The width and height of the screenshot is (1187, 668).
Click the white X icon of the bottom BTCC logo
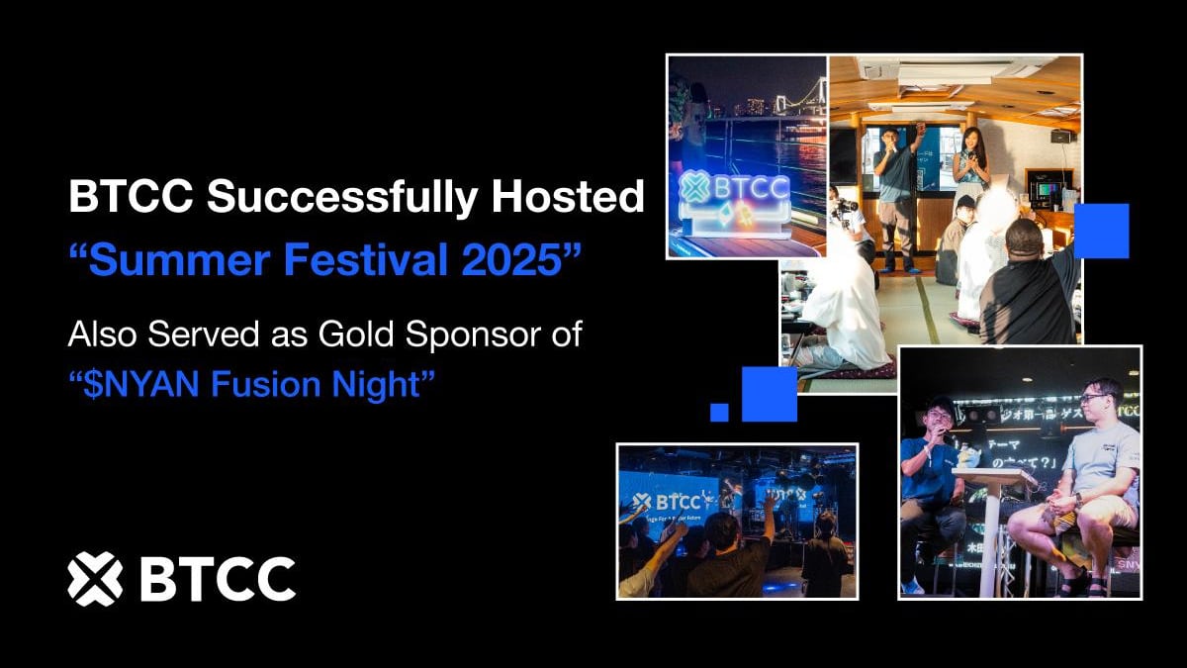(x=95, y=578)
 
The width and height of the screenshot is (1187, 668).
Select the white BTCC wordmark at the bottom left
(x=218, y=579)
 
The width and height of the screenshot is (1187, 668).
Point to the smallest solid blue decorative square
(x=719, y=412)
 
